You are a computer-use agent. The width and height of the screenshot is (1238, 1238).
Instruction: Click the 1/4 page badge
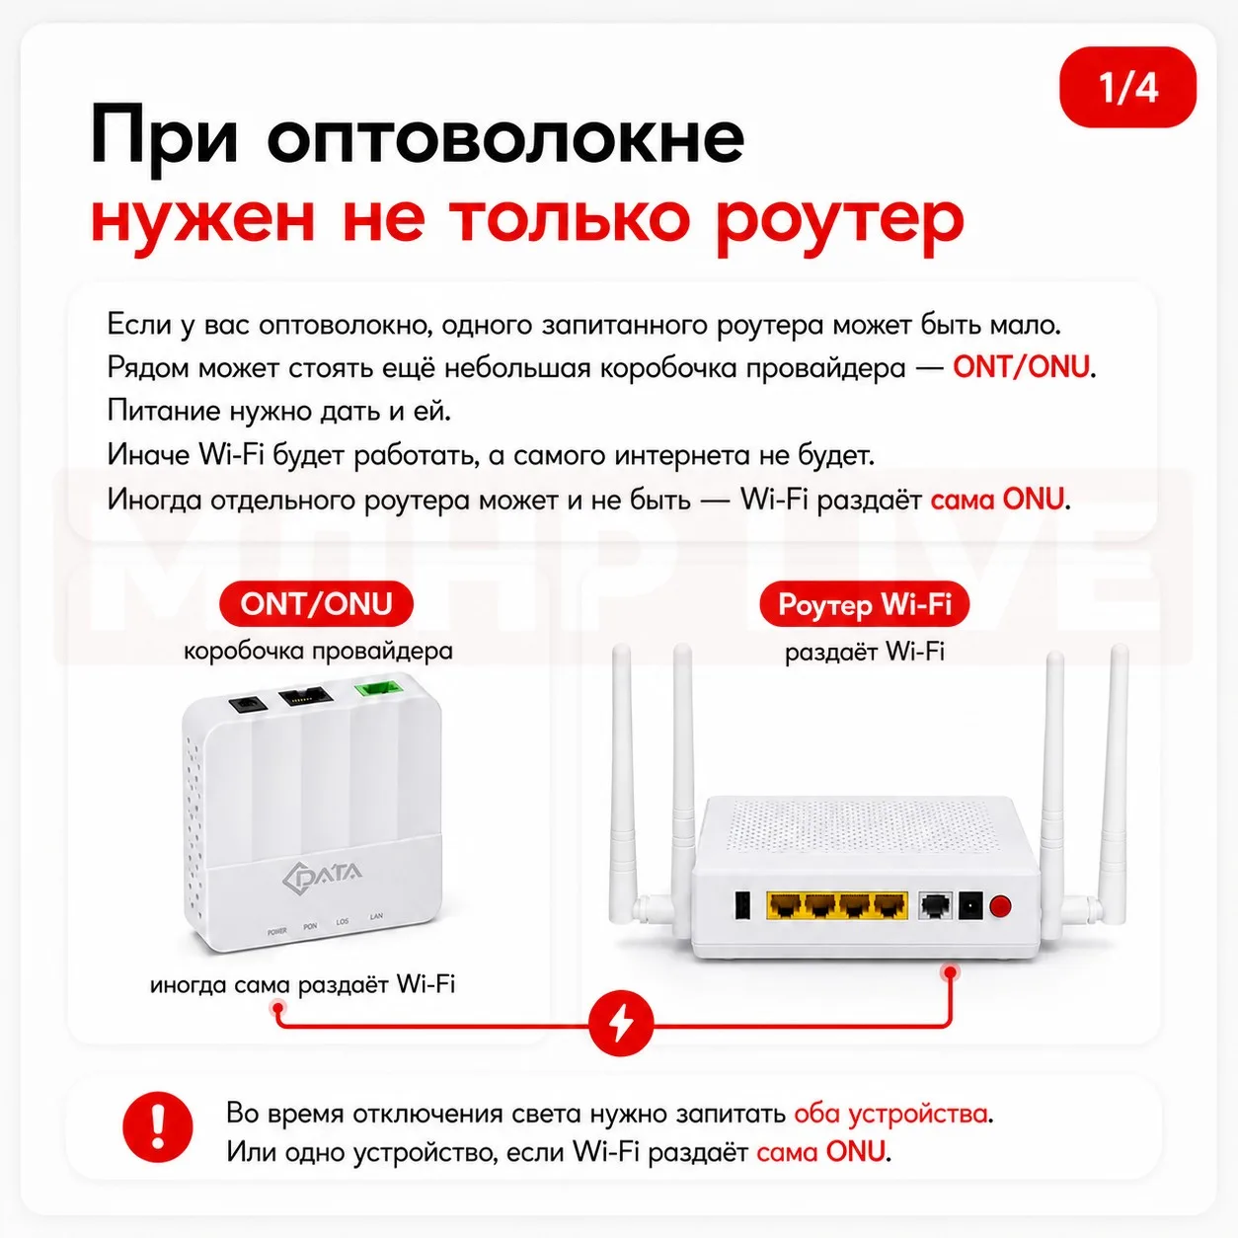(x=1127, y=87)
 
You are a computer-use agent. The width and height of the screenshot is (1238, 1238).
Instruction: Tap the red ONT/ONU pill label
(x=316, y=604)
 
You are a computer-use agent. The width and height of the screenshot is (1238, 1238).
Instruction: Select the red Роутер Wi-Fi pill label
(x=864, y=604)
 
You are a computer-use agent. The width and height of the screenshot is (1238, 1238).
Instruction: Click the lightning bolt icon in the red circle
(x=621, y=1024)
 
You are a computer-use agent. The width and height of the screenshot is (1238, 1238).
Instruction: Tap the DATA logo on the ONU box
(x=323, y=875)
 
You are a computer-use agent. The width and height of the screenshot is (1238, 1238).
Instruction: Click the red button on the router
(x=1000, y=906)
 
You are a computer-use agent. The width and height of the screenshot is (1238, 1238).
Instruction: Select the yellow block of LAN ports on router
(x=837, y=905)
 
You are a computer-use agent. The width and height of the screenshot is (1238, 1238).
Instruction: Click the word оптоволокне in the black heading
(x=505, y=136)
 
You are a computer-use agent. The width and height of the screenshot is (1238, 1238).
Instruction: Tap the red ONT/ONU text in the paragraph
(x=1021, y=367)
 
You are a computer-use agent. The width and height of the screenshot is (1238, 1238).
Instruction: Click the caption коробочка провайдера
(x=318, y=652)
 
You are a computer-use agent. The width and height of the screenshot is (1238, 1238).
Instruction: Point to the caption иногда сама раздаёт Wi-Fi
(x=303, y=985)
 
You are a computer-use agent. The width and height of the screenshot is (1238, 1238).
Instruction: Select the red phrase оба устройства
(x=891, y=1114)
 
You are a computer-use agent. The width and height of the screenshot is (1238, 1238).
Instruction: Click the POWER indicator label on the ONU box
(x=276, y=931)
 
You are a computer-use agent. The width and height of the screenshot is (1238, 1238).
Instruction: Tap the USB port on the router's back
(x=742, y=906)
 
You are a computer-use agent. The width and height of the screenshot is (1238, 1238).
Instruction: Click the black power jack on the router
(x=970, y=906)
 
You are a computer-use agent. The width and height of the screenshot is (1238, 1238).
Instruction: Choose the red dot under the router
(x=950, y=972)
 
